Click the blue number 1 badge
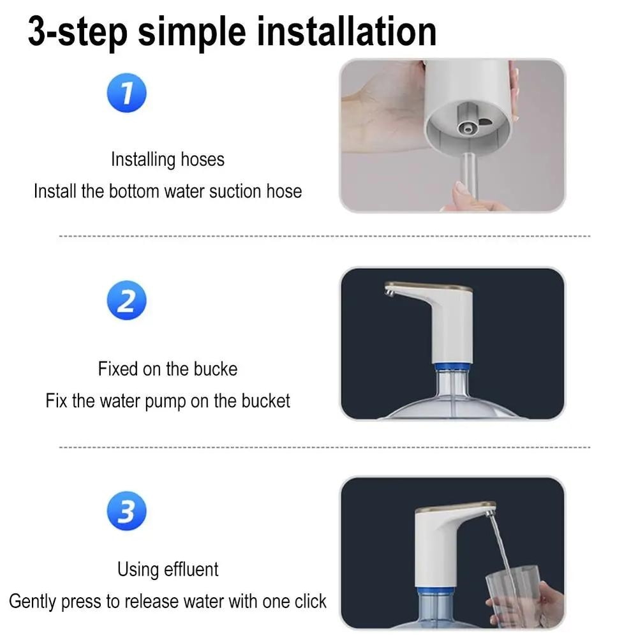[x=126, y=93]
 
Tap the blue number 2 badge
[x=126, y=300]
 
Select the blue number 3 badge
[x=126, y=511]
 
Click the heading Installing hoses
[x=167, y=159]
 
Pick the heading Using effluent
[x=167, y=569]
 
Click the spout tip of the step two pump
[x=389, y=292]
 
